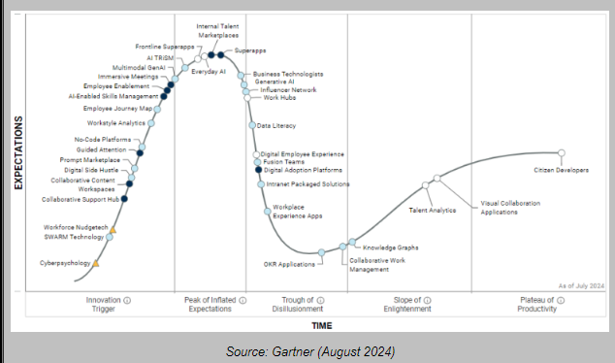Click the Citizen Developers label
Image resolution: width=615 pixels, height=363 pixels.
click(561, 170)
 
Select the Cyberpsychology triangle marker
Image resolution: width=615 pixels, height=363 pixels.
click(96, 263)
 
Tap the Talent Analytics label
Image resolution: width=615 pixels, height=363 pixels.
click(432, 210)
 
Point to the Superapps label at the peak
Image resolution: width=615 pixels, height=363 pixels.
click(250, 49)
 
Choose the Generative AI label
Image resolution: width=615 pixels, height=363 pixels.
click(275, 82)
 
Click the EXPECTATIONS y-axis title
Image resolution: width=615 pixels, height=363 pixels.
click(18, 153)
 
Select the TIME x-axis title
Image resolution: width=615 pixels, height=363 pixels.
click(322, 325)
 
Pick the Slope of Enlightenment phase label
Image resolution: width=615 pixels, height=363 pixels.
click(419, 305)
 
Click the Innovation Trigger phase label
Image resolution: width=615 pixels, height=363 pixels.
click(104, 305)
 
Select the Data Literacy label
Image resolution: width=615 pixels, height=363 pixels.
click(276, 125)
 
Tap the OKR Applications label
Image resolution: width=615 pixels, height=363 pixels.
click(289, 264)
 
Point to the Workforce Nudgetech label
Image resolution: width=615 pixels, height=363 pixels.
click(73, 227)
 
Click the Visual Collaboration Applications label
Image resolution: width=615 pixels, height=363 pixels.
click(512, 207)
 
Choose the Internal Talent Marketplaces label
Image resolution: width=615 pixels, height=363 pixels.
click(219, 30)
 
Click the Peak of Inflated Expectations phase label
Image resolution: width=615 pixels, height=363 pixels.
click(209, 305)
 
